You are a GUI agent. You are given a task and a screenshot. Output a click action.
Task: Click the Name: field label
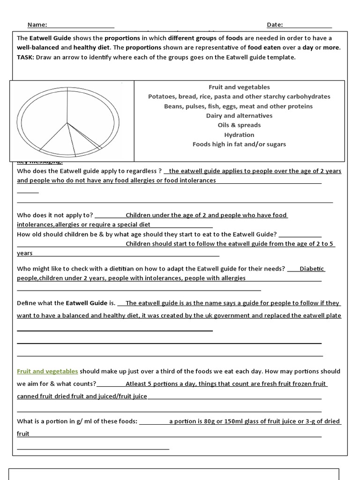tap(37, 25)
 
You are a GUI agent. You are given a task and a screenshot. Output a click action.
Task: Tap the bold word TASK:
tap(26, 57)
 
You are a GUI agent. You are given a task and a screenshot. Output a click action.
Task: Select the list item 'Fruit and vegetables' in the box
tap(239, 87)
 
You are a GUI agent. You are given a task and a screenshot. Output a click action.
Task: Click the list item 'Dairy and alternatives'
tap(239, 116)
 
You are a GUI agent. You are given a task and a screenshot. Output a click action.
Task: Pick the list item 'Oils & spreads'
tap(239, 125)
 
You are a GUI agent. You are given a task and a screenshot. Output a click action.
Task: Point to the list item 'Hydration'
tap(239, 135)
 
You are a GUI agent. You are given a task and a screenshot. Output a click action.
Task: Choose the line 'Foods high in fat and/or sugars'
tap(239, 144)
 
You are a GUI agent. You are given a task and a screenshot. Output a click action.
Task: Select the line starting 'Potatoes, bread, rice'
tap(239, 97)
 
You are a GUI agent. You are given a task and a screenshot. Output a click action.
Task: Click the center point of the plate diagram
tap(67, 123)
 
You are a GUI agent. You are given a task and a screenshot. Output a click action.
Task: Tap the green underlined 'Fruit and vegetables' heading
tap(47, 371)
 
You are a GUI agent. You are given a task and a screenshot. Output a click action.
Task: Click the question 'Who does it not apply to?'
tap(55, 215)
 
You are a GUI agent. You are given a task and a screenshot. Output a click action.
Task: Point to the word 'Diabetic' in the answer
tap(312, 269)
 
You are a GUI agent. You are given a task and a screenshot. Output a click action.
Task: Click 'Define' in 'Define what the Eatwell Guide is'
tap(27, 303)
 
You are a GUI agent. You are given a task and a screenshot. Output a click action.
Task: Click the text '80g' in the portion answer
tap(211, 421)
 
